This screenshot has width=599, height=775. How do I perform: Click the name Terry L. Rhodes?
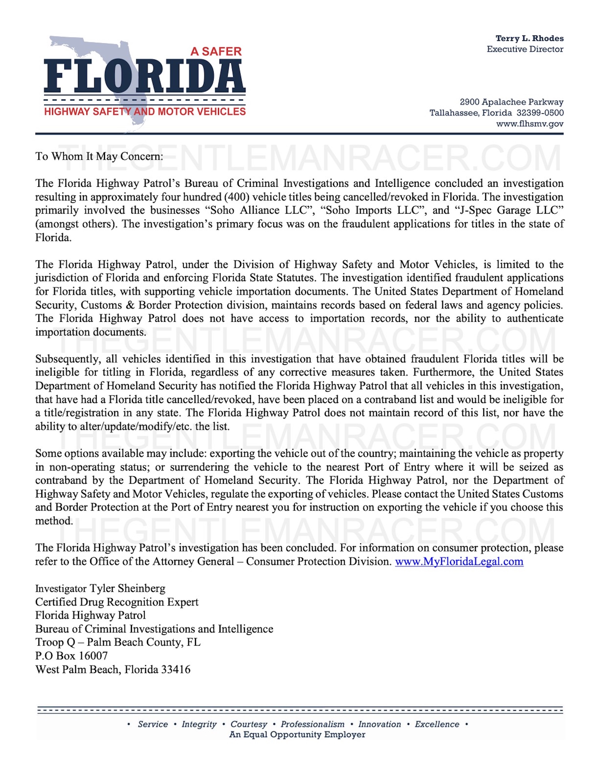[x=529, y=38]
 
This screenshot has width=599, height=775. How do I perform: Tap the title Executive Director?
[x=525, y=49]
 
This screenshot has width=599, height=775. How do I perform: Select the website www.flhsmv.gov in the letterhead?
[x=530, y=124]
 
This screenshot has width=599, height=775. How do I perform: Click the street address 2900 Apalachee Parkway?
[x=511, y=102]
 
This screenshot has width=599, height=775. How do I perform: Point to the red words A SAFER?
[x=216, y=51]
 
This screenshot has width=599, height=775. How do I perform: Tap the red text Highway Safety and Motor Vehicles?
[x=145, y=112]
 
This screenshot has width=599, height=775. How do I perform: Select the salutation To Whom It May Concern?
[x=99, y=157]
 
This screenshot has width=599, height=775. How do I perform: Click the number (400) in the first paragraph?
[x=237, y=197]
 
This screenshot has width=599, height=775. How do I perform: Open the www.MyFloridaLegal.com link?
[x=459, y=561]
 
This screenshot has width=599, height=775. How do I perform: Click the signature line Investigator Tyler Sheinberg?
[x=100, y=589]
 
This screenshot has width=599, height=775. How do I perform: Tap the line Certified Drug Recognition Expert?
[x=117, y=602]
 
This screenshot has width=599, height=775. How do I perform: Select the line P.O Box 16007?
[x=71, y=656]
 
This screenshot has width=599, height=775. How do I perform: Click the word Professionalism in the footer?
[x=313, y=724]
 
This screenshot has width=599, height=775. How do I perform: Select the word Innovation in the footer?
[x=380, y=724]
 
